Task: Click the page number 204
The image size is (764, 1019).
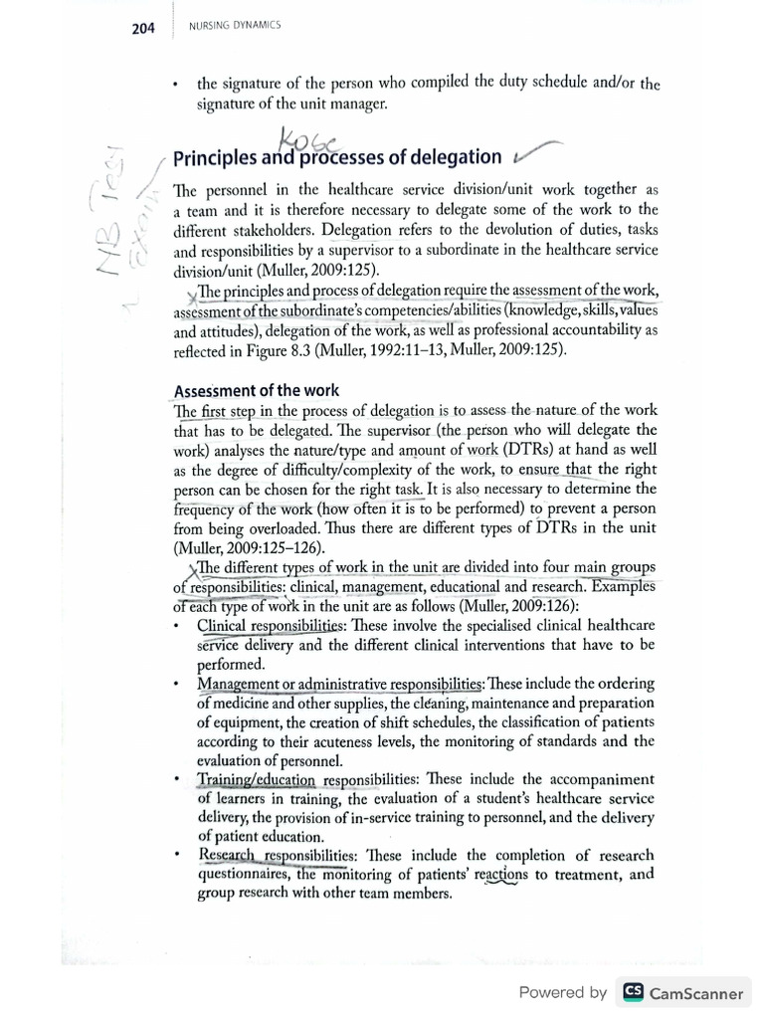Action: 143,29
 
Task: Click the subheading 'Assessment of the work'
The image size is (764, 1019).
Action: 257,390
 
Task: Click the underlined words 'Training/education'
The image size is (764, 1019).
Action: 256,779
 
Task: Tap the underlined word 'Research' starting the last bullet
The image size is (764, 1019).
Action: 227,855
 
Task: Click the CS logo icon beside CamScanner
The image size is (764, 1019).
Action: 633,992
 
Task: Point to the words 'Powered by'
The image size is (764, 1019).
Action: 562,992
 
